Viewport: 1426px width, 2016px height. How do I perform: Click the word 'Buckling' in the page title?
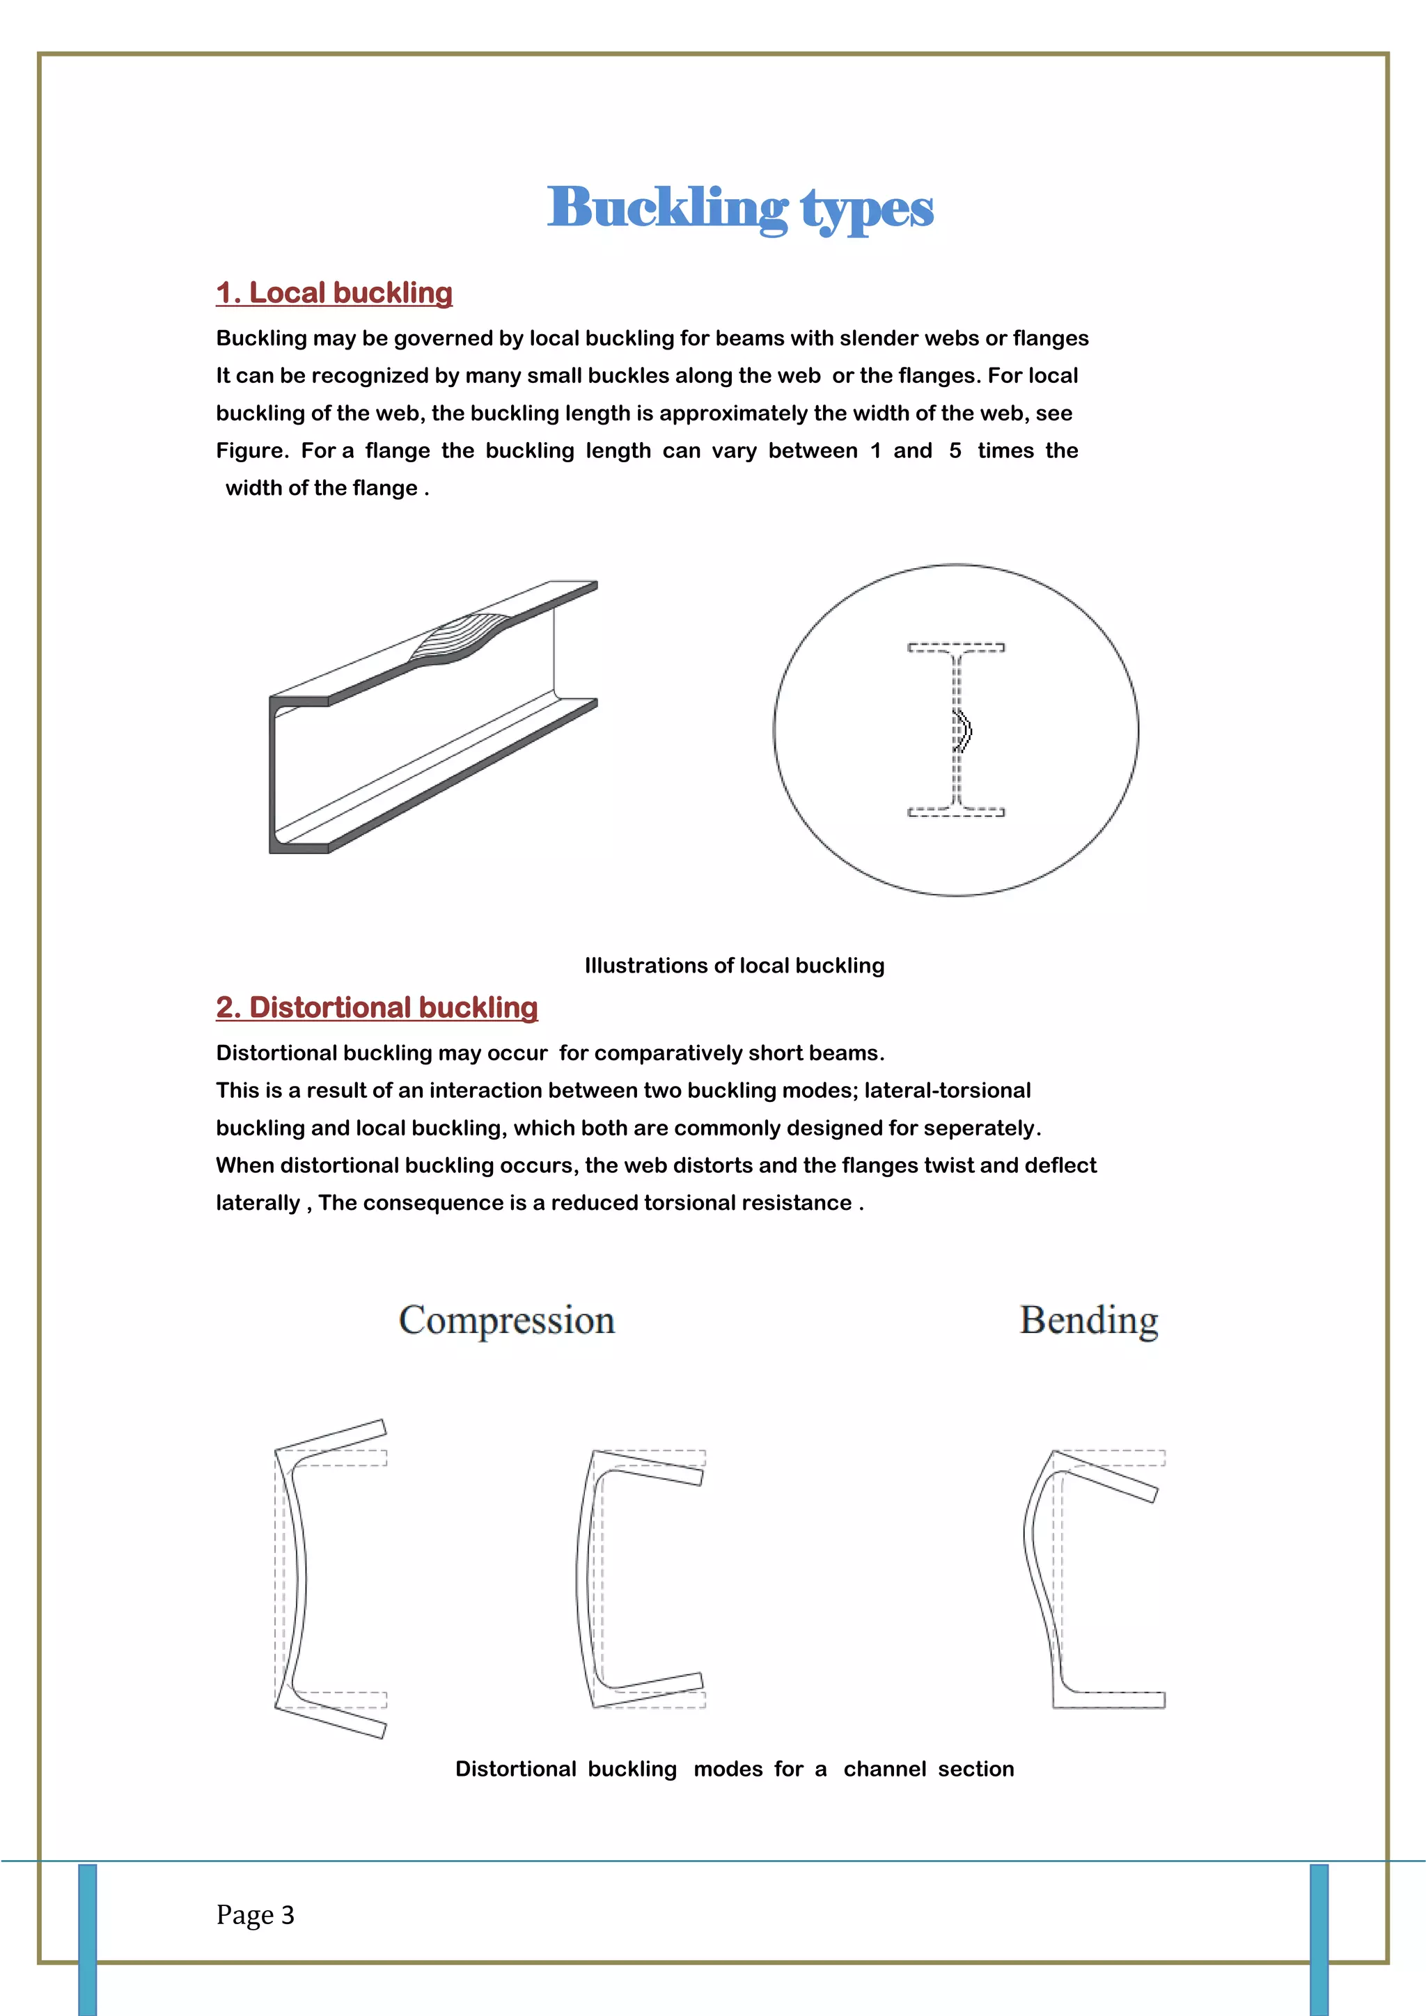point(666,209)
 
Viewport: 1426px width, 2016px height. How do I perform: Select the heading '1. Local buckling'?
point(334,292)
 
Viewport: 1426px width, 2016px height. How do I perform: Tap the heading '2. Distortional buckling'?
point(377,1007)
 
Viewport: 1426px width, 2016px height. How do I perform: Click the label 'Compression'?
point(507,1321)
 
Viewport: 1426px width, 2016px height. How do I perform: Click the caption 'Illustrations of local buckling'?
point(734,966)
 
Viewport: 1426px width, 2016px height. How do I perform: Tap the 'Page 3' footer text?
point(255,1914)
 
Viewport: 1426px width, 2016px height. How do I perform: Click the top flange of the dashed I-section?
point(956,648)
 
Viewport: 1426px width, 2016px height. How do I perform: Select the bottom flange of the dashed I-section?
point(956,812)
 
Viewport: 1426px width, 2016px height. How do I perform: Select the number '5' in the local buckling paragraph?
point(955,451)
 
